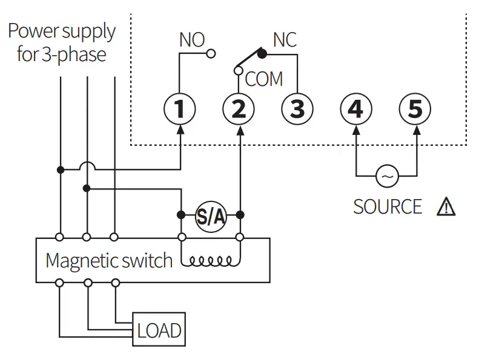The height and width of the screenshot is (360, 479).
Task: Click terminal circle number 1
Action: tap(180, 110)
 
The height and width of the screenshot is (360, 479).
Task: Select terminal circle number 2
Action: tap(239, 110)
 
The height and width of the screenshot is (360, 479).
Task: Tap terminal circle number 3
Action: tap(297, 110)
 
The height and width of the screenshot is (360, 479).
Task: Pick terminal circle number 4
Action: tap(355, 110)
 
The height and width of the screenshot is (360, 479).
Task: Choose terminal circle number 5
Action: tap(415, 110)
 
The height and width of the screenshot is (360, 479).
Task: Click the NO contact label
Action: tap(192, 41)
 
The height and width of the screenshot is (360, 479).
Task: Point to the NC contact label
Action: tap(285, 41)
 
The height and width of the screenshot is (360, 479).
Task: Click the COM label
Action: tap(264, 79)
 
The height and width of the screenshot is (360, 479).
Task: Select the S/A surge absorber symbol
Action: tap(210, 215)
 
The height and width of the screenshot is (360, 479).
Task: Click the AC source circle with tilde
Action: tap(386, 176)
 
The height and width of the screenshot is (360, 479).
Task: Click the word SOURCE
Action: tap(388, 207)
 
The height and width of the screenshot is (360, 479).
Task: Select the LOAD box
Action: tap(159, 330)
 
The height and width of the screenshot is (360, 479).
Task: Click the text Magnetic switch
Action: tap(109, 261)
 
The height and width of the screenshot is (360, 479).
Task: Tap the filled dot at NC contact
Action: tap(262, 54)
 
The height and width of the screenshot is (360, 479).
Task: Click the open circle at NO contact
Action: tap(211, 54)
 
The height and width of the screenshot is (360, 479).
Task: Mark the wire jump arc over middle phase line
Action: tap(88, 165)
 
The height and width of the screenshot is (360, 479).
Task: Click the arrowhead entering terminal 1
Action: tap(180, 129)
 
